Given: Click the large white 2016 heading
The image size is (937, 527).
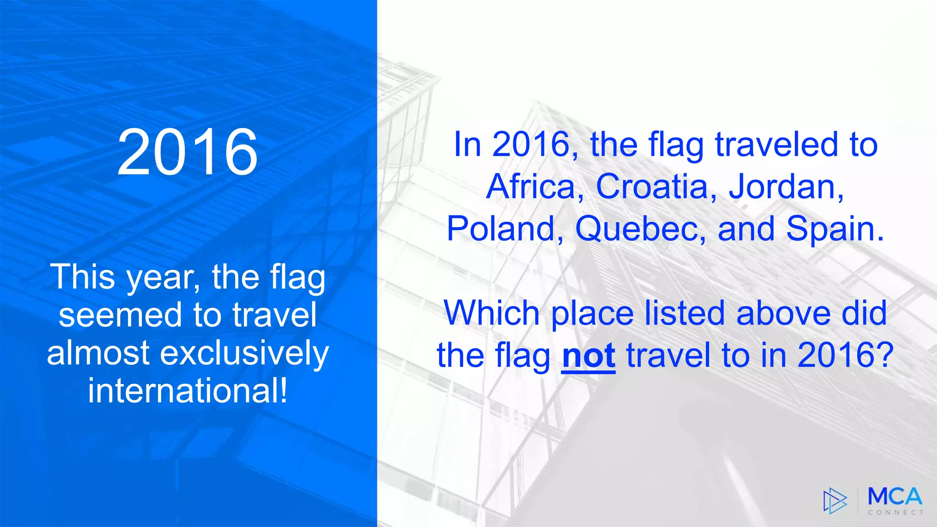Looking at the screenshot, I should coord(188,152).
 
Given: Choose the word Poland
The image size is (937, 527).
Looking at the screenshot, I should coord(501,229).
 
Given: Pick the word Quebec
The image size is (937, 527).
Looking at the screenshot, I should coord(635,229).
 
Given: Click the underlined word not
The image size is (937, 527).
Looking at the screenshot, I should coord(588,355).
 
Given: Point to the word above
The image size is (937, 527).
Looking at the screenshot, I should coord(783,313).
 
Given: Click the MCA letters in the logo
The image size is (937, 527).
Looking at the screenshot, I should coord(895,496).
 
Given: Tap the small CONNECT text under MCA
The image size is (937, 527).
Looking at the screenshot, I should coord(895,513).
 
